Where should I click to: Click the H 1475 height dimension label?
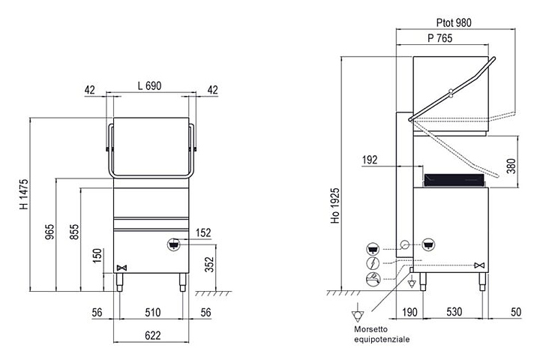[x=24, y=194]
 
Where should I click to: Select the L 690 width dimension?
[x=149, y=85]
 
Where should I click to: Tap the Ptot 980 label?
[x=454, y=22]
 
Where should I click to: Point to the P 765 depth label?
[x=440, y=38]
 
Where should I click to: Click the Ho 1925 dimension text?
[x=335, y=205]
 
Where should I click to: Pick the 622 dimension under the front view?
[x=152, y=335]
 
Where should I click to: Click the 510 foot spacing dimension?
[x=152, y=313]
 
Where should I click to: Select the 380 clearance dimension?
[x=511, y=166]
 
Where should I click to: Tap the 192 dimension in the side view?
[x=370, y=160]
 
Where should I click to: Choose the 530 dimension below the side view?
[x=454, y=312]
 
